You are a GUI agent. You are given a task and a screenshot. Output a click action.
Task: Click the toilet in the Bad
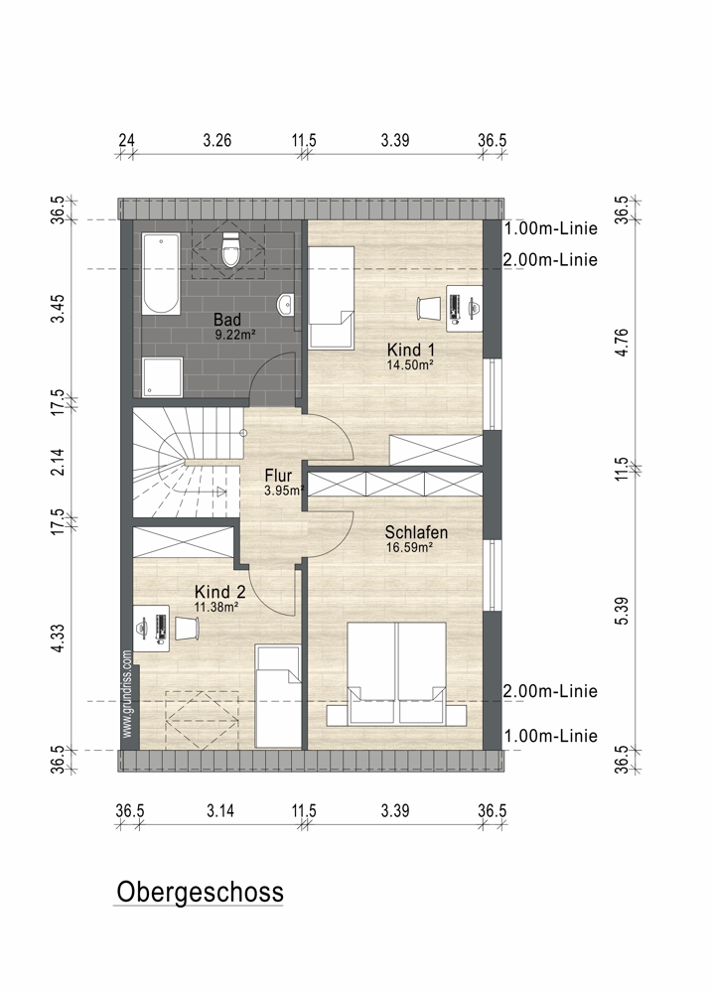pos(231,249)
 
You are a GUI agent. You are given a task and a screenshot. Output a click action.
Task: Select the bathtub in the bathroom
pos(160,273)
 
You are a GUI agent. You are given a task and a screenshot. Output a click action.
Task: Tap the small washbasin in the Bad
pos(285,304)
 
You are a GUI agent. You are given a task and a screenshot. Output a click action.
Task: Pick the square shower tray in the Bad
pos(162,377)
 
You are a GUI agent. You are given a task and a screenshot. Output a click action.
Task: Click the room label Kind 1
pos(410,350)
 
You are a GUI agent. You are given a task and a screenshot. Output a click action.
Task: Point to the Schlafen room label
pos(416,532)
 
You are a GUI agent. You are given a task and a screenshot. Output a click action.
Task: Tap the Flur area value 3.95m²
pos(285,490)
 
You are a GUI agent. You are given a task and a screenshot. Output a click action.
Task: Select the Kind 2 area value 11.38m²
pos(216,608)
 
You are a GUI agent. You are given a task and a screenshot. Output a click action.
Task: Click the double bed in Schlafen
pos(396,674)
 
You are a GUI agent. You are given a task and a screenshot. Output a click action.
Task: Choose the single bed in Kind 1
pos(332,297)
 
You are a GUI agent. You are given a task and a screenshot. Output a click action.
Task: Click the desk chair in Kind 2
pos(188,628)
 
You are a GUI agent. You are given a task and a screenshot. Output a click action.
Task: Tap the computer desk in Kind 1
pos(465,308)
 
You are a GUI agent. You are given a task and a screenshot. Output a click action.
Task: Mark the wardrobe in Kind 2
pos(183,543)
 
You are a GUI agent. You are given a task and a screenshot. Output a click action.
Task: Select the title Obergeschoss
pos(200,892)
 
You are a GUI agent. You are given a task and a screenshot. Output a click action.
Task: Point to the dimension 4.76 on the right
pos(622,343)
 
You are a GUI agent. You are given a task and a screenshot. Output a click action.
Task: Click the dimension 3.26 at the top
pos(216,140)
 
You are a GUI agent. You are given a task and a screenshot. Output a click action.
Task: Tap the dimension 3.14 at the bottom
pos(220,810)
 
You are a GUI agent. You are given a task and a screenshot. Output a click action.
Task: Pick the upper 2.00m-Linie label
pos(550,259)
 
